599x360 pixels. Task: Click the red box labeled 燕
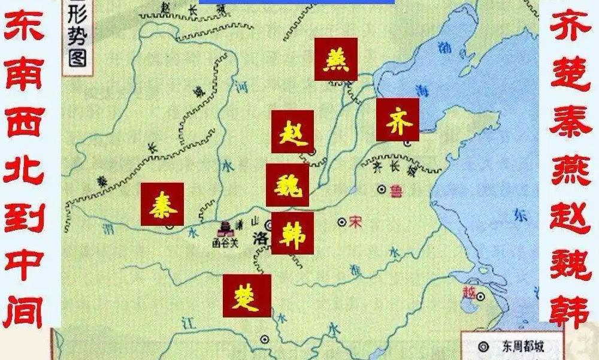[335, 59]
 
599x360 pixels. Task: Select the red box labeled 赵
[292, 131]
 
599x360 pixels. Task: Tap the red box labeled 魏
[288, 184]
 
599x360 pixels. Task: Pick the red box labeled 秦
[162, 204]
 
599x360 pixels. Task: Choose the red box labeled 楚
[246, 295]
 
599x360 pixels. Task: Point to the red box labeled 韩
[292, 233]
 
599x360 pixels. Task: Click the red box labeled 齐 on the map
[397, 119]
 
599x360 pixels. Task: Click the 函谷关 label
[226, 243]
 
